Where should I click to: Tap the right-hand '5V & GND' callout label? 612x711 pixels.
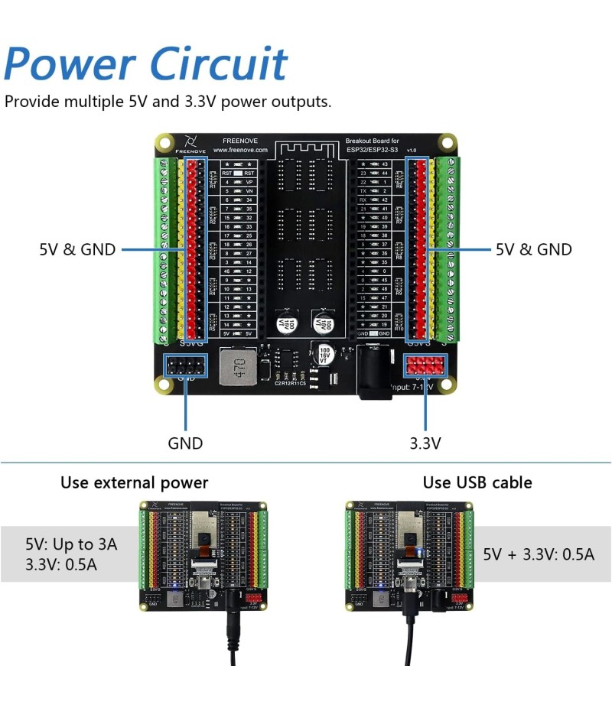tap(534, 249)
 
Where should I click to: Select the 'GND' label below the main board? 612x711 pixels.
tap(185, 443)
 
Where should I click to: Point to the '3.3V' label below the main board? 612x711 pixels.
tap(425, 443)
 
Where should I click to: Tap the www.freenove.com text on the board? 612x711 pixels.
tap(245, 151)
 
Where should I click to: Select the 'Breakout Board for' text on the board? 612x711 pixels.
tap(372, 141)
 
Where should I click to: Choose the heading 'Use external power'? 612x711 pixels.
tap(135, 482)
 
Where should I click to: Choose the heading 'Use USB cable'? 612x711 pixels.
tap(477, 482)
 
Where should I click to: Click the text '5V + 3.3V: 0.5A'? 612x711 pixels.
tap(539, 554)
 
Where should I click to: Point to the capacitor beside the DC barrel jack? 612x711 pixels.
tap(323, 353)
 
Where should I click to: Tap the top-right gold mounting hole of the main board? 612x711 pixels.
tap(448, 142)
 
